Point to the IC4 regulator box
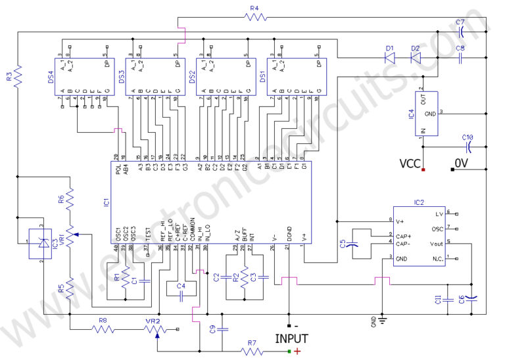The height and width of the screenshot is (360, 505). [421, 112]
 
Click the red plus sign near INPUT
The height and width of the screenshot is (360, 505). [299, 352]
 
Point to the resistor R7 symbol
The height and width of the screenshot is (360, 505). [252, 351]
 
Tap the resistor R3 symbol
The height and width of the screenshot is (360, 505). [18, 77]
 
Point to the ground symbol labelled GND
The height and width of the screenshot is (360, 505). [381, 321]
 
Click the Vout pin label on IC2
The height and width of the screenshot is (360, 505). [435, 242]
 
